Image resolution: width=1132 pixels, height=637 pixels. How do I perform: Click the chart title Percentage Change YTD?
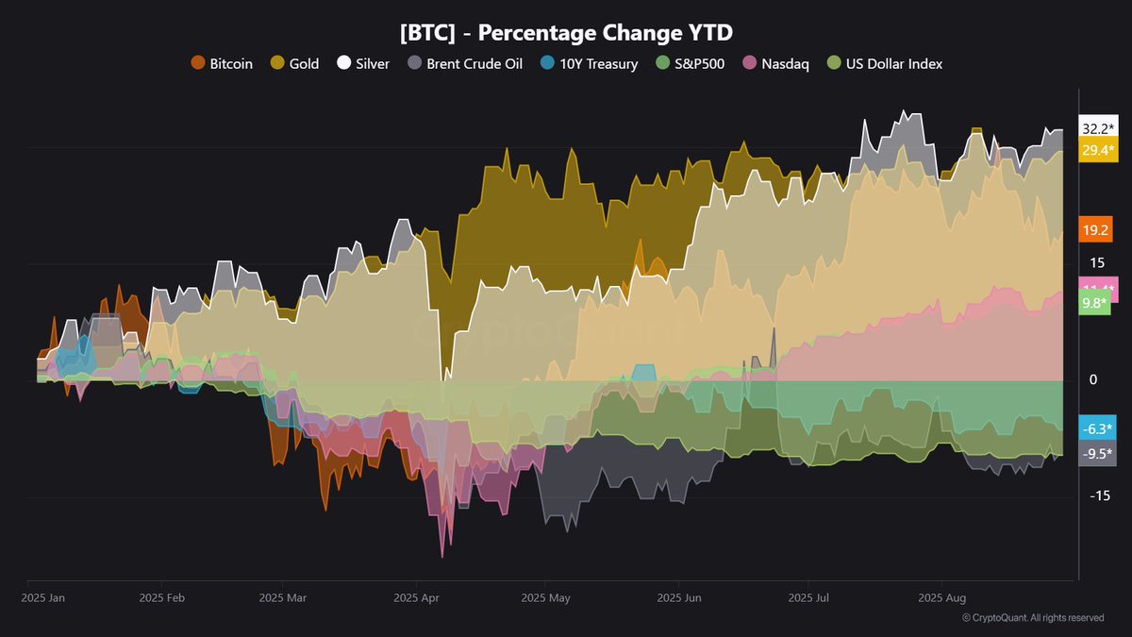click(566, 33)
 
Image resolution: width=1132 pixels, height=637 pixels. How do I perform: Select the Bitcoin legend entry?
click(223, 64)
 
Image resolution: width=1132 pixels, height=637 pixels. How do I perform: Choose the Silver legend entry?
click(363, 64)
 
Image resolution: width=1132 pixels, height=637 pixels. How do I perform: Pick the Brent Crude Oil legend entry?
click(465, 64)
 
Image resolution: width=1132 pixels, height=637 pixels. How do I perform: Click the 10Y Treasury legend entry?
click(590, 64)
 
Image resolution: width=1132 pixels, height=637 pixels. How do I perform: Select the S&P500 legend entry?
click(691, 64)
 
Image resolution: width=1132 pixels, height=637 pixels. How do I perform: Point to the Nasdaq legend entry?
click(776, 64)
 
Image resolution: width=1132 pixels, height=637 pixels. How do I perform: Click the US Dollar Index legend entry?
click(884, 64)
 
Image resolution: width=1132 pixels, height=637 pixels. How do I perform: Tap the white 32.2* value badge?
click(1098, 129)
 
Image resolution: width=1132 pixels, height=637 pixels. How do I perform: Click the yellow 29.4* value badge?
click(1098, 150)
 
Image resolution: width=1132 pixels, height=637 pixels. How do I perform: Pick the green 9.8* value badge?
click(1094, 303)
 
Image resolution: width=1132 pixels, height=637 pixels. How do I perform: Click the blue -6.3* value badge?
click(1098, 427)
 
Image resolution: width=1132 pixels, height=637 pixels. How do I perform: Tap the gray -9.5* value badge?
click(1098, 451)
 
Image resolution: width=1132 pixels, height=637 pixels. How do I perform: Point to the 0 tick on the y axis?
click(1093, 379)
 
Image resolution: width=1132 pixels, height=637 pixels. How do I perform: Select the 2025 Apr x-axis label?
click(416, 597)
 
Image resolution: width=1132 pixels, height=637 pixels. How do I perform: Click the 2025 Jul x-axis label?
click(808, 597)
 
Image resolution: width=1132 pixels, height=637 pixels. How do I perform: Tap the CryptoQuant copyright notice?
click(1033, 618)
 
